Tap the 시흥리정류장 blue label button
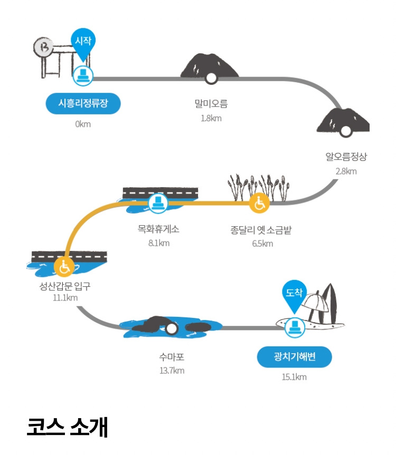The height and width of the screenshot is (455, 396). (83, 103)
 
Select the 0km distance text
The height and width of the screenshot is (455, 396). (83, 124)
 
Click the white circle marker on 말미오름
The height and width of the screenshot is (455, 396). (211, 79)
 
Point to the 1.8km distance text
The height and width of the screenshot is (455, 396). (211, 118)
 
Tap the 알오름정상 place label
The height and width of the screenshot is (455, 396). (346, 157)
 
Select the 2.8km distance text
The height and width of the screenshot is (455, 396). (346, 171)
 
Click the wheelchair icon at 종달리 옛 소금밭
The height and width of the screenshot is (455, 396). (259, 202)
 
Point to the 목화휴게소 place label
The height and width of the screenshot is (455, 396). (158, 230)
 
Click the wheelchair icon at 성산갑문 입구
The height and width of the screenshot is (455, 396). (64, 267)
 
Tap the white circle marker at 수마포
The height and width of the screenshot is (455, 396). (171, 329)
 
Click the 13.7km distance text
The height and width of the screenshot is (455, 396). (172, 371)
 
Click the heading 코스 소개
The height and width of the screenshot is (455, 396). (67, 427)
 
